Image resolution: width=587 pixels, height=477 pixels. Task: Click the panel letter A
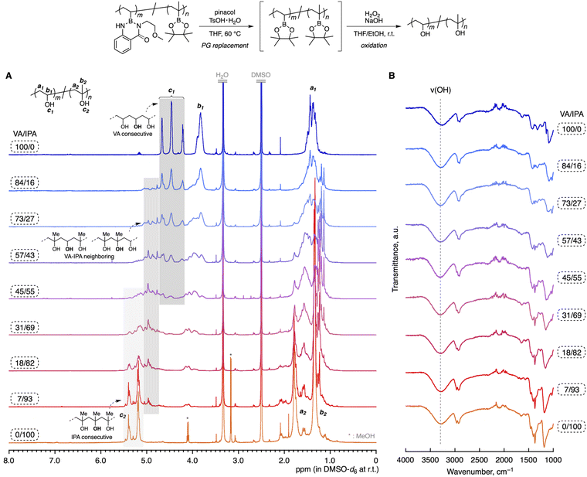8,75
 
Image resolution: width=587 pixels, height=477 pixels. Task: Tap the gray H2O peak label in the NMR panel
223,74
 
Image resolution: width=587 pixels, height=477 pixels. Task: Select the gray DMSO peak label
261,74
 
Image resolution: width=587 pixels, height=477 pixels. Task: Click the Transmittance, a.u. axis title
395,266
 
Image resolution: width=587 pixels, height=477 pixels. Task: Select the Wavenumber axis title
480,469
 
